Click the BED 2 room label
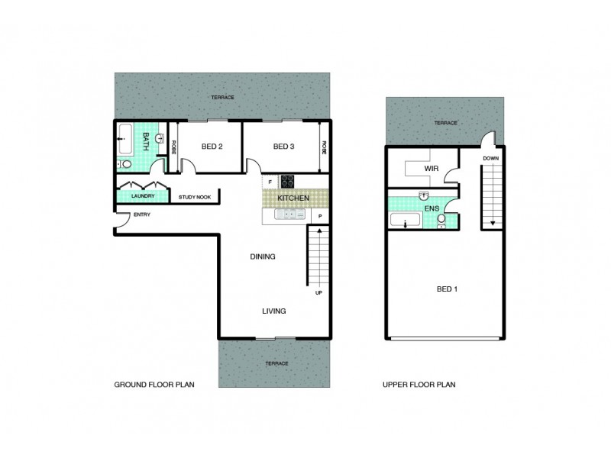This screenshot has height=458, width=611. (211, 147)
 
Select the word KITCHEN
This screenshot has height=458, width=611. (293, 198)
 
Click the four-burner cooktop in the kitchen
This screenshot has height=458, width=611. (289, 182)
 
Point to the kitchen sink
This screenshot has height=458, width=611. (289, 215)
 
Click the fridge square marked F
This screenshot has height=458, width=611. (269, 182)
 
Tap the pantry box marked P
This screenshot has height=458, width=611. (320, 216)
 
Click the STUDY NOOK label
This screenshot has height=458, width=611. (194, 198)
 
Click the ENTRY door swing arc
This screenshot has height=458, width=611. (123, 219)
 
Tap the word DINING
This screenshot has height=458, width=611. (262, 256)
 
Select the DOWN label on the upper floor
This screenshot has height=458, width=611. (490, 159)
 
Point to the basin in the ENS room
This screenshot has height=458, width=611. (425, 195)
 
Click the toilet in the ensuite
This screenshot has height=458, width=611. (442, 221)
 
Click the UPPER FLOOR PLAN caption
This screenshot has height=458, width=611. (419, 385)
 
